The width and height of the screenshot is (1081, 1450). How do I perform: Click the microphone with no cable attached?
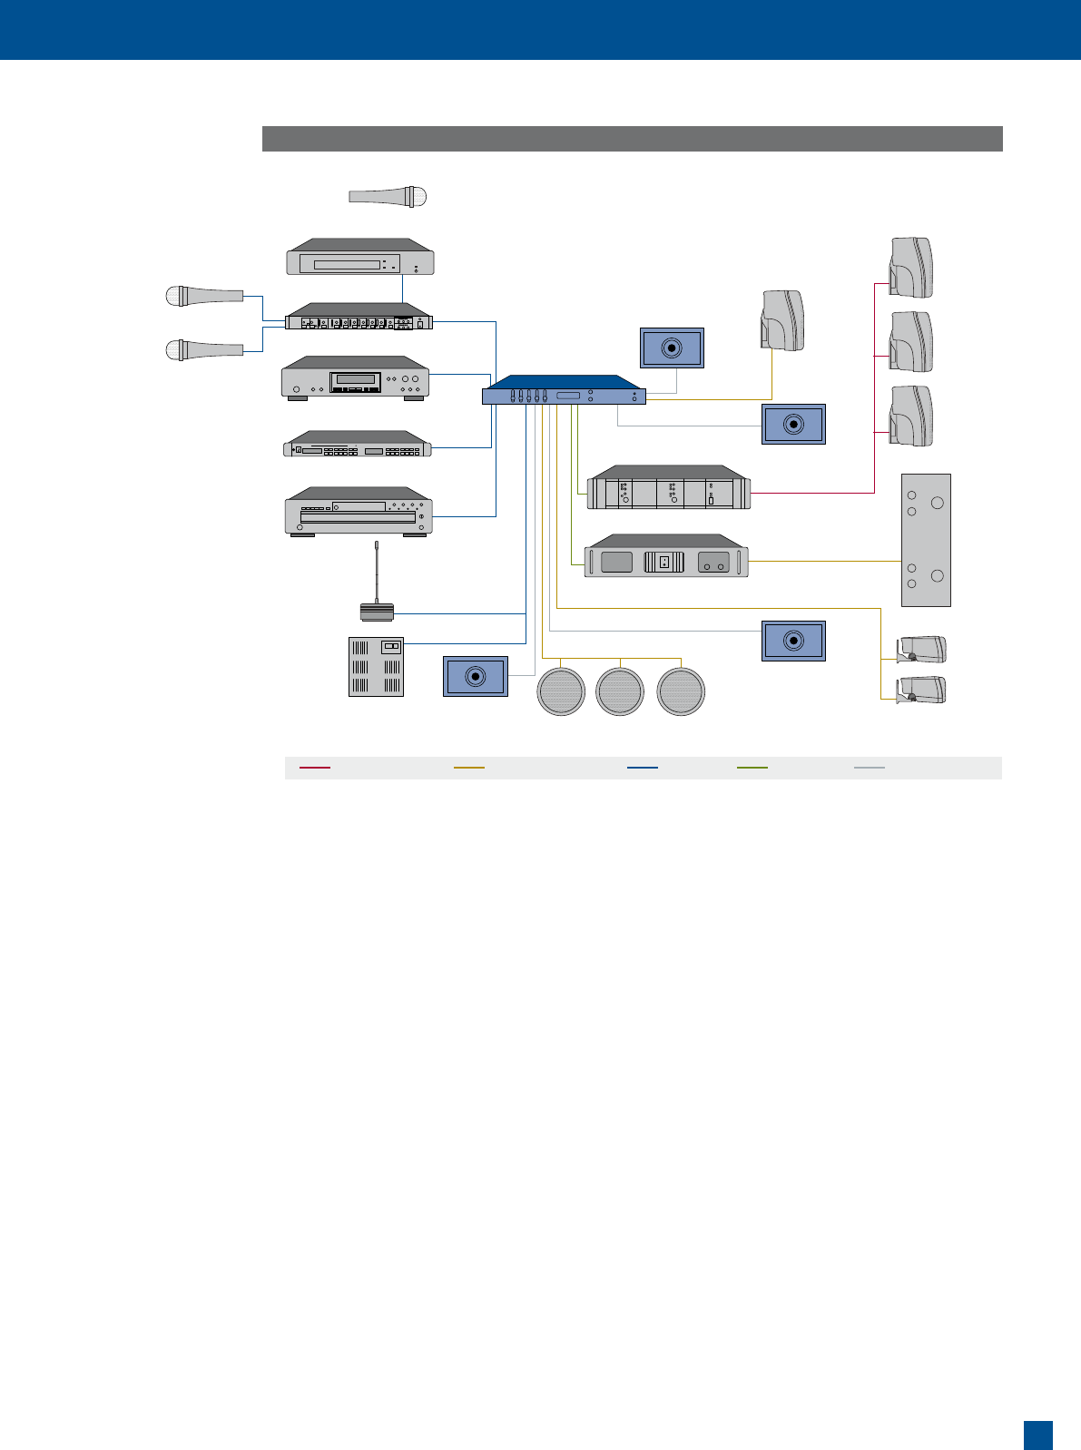(388, 196)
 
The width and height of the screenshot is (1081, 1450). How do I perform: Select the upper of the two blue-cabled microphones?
(204, 295)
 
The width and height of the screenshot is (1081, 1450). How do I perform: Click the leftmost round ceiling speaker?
(561, 691)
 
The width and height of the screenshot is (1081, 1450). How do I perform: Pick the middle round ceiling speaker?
(620, 691)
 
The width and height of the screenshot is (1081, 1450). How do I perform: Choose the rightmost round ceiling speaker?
(681, 691)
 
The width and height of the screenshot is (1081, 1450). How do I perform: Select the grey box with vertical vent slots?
(377, 667)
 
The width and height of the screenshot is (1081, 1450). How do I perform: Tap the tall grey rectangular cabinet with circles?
(926, 540)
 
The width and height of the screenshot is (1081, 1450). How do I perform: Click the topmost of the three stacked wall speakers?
(910, 268)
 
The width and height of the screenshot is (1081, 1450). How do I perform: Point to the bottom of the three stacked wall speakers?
(910, 416)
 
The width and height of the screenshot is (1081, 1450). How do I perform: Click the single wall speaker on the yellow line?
(782, 319)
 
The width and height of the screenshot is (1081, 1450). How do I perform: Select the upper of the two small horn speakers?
(921, 650)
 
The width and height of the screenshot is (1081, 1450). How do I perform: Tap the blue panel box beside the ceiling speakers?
(476, 676)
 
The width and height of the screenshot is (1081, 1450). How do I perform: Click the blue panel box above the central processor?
(673, 348)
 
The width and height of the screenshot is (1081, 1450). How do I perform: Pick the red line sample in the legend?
(315, 768)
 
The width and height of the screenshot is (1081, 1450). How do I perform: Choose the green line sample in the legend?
(752, 768)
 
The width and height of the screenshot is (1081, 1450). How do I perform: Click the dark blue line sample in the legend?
(643, 768)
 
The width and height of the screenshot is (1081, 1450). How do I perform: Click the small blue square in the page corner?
(1038, 1435)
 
